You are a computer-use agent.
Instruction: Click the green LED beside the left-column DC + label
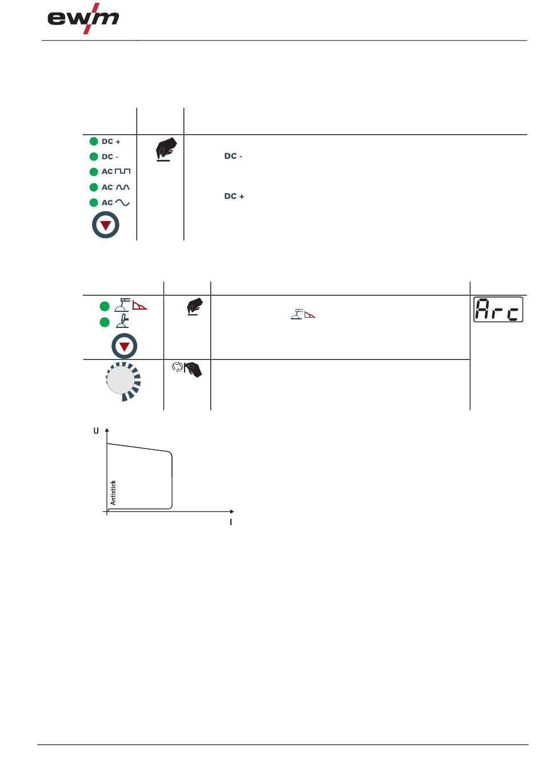click(94, 141)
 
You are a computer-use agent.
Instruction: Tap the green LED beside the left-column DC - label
click(94, 157)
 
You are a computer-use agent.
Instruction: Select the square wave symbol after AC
click(123, 171)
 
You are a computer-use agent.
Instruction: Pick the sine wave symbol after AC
click(122, 202)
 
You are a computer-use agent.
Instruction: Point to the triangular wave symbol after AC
click(123, 187)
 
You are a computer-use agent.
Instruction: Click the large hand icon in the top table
click(166, 149)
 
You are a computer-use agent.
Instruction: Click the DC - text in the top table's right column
click(233, 156)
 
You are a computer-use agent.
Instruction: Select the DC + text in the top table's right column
click(234, 196)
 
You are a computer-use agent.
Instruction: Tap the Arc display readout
click(498, 310)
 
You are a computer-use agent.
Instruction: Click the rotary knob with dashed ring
click(122, 381)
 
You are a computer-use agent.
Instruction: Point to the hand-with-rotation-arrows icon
click(187, 370)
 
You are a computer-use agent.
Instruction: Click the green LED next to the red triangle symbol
click(105, 306)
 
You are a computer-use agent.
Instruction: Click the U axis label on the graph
click(96, 431)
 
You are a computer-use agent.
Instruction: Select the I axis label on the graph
click(231, 522)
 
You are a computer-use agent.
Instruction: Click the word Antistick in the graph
click(113, 492)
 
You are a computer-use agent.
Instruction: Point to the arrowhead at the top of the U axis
click(107, 430)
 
